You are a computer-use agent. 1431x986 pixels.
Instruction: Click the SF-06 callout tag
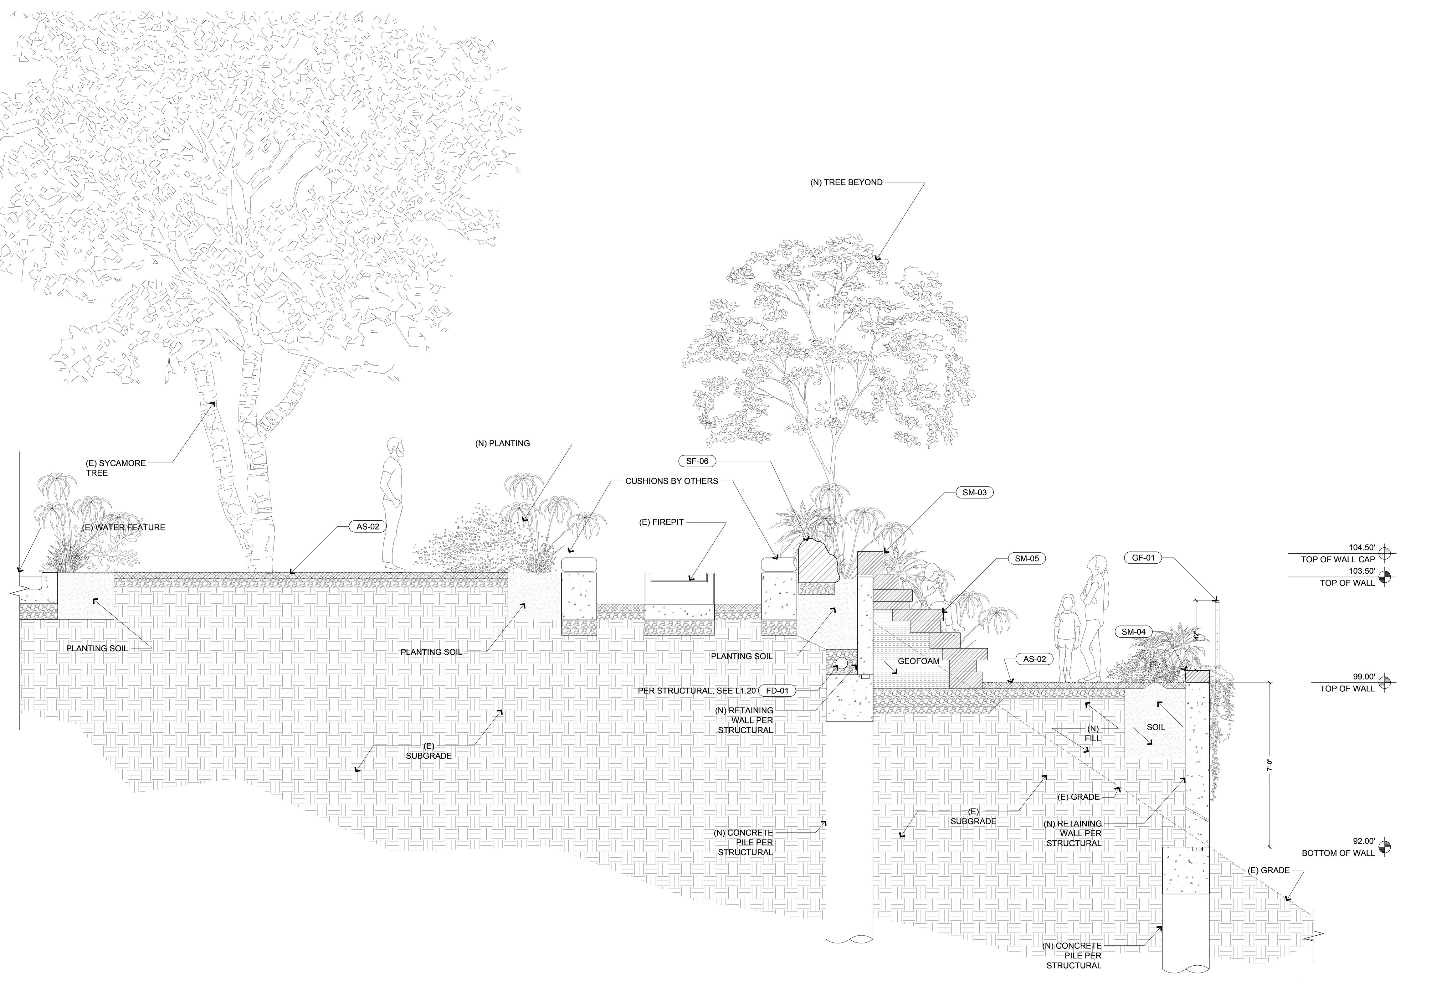click(697, 461)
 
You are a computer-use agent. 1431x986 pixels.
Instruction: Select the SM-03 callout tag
click(975, 493)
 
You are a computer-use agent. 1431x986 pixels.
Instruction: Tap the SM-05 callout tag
click(1027, 559)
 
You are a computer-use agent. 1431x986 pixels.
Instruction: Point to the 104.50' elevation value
click(1361, 547)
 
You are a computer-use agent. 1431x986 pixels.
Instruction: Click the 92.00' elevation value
click(1361, 841)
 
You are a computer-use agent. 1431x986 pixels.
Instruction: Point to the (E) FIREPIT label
click(661, 522)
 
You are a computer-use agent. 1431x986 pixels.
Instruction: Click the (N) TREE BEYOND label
click(846, 182)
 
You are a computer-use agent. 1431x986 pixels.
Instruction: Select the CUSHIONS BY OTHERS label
click(671, 481)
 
